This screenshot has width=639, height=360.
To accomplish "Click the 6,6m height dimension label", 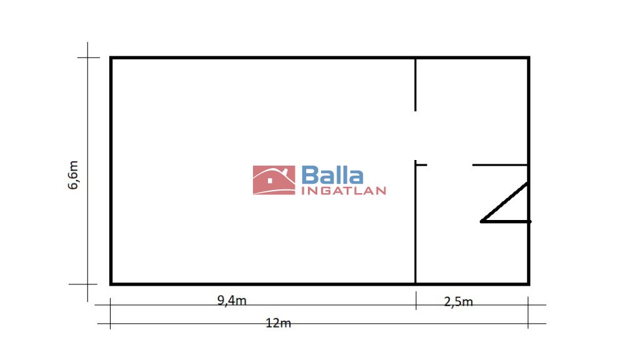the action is pos(73,175).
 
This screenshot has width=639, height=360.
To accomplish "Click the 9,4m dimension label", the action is pos(232,301).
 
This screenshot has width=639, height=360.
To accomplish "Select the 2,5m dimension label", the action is pos(458,302).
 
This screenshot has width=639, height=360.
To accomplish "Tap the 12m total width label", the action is pos(279,323).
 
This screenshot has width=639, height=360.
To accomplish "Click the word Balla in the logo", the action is pos(332,175).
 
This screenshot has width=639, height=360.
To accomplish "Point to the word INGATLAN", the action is pos(344,191).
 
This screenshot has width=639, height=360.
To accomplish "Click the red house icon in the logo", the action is pos(274,180).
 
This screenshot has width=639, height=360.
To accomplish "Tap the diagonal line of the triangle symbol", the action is pos(505,202).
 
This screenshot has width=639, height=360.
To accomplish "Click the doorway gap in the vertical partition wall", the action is pos(415,136).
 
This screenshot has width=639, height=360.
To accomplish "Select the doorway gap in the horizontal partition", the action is pos(450,165).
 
